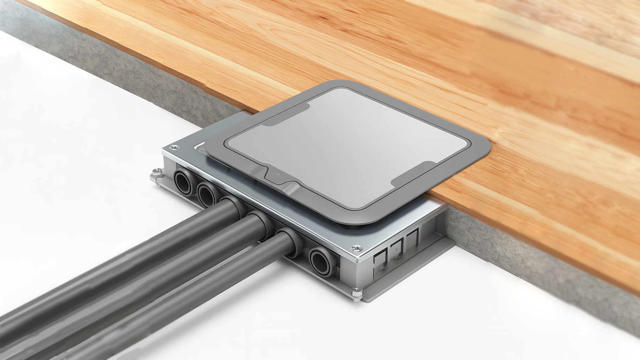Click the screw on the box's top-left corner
pyautogui.click(x=174, y=148)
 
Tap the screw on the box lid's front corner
pyautogui.click(x=357, y=249)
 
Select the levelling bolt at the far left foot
pyautogui.click(x=157, y=172)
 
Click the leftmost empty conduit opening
pyautogui.click(x=183, y=181)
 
